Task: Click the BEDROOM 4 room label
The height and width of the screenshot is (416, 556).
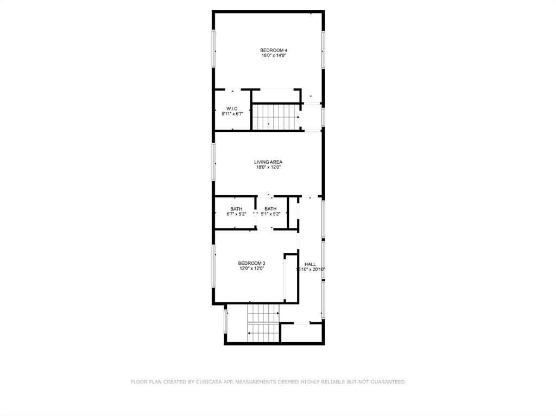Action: coord(273,50)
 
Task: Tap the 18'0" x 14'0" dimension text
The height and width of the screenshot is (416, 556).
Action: coord(273,55)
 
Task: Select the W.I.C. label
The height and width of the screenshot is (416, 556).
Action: coord(232,109)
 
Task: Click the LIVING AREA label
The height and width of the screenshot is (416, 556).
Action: coord(268,162)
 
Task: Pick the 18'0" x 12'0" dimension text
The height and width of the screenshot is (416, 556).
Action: coord(268,167)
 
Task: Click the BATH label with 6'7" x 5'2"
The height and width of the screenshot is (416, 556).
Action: coord(236,209)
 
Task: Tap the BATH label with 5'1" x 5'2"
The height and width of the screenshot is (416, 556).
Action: coord(270,209)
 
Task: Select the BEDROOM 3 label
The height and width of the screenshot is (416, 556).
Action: coord(251,264)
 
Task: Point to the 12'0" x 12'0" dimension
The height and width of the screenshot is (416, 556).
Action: coord(251,268)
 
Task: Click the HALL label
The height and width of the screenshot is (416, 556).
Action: coord(310,264)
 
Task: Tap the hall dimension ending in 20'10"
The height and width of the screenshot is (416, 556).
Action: coord(310,270)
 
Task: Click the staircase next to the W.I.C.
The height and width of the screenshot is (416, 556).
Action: coord(275,117)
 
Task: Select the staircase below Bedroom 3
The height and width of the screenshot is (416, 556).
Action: coord(263,324)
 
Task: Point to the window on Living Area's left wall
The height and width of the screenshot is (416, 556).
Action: coord(214,162)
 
